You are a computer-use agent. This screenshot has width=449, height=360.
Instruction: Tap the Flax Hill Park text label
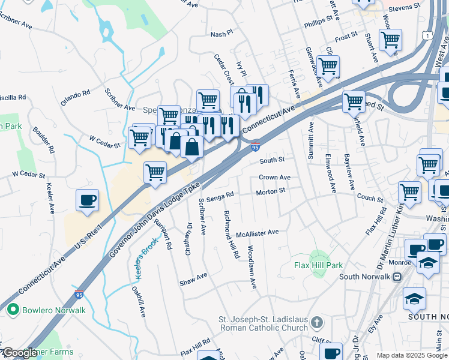(x=318, y=265)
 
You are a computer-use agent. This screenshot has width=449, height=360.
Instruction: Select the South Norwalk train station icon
(x=397, y=277)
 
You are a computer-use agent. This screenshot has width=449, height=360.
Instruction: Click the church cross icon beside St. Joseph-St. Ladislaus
(x=318, y=322)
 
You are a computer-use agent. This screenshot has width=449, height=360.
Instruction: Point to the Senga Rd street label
(x=219, y=197)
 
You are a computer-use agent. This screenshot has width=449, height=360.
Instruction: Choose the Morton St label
(x=270, y=191)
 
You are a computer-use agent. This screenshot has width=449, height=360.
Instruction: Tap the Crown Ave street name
(x=274, y=178)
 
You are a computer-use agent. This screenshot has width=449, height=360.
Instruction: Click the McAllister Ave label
(x=258, y=232)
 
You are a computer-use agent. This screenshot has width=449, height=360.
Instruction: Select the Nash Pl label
(x=221, y=35)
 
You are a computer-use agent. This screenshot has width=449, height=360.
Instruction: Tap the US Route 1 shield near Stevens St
(x=426, y=37)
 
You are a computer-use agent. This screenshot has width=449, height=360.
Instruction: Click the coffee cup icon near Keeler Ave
(x=87, y=200)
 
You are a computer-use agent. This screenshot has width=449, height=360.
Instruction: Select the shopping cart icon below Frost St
(x=391, y=40)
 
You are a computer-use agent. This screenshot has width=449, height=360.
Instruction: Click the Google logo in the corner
(x=19, y=353)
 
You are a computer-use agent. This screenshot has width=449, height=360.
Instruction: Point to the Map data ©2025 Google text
(x=412, y=355)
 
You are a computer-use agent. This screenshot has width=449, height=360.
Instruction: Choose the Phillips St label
(x=318, y=19)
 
